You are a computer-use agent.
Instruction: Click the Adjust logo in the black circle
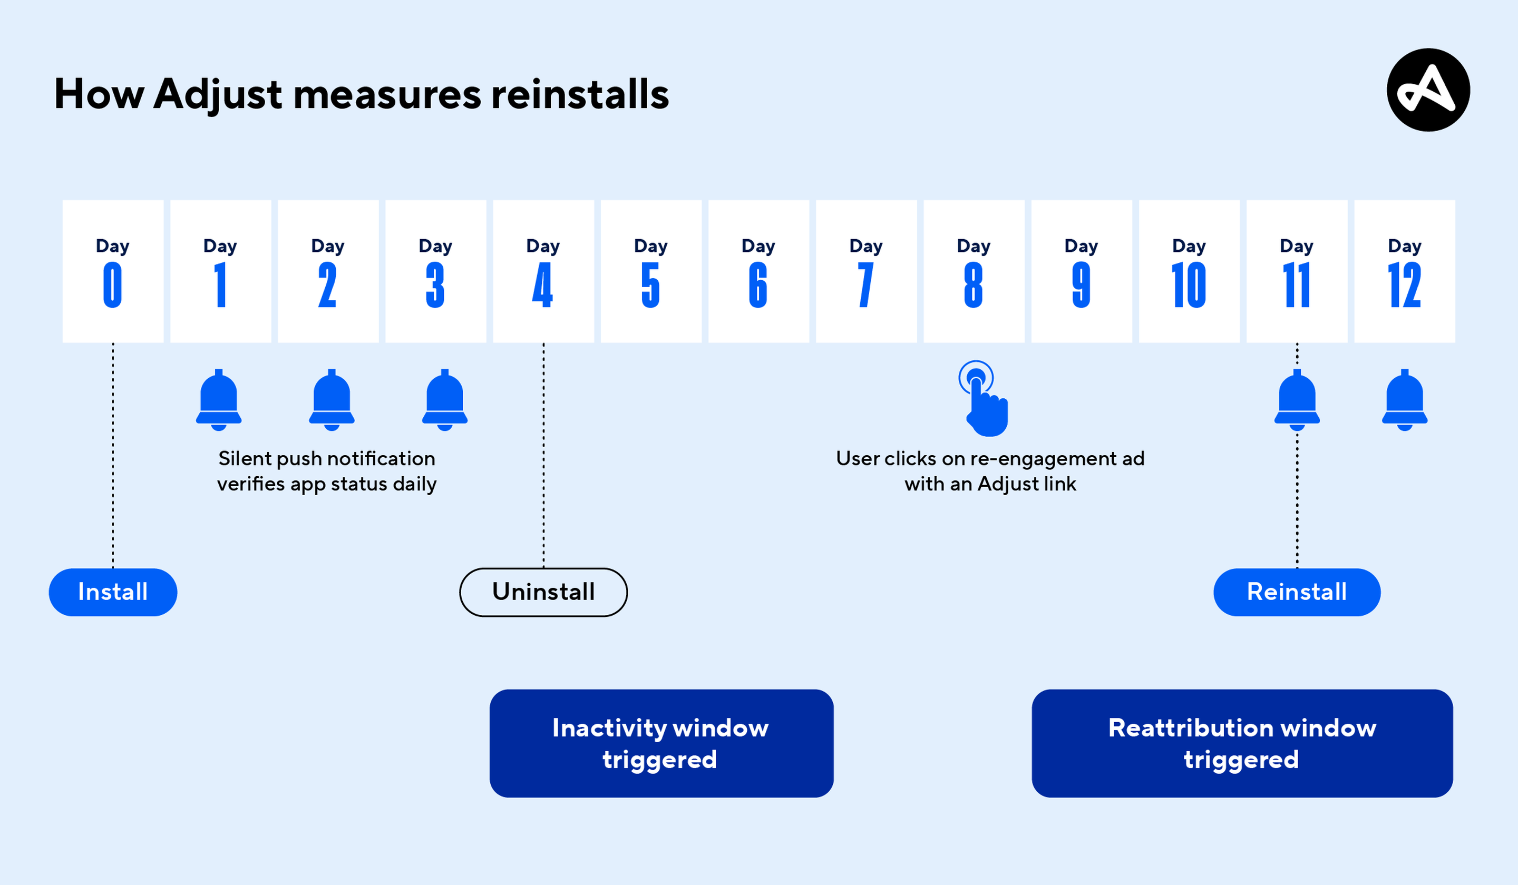coord(1428,90)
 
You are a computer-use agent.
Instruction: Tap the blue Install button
coord(113,592)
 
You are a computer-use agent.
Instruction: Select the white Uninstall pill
coord(543,592)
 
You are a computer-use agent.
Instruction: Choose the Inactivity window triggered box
coord(661,743)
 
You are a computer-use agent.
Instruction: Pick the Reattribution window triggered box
coord(1242,743)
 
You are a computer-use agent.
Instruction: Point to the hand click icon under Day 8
coord(984,399)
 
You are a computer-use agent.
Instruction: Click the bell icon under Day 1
coord(219,400)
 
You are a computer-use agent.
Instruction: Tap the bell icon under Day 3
coord(444,400)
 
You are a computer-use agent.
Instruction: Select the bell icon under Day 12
coord(1405,400)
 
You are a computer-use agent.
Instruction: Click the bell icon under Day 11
coord(1297,400)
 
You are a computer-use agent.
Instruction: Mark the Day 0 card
coord(113,271)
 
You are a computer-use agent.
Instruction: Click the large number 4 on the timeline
coord(543,285)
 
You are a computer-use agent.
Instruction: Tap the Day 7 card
coord(866,271)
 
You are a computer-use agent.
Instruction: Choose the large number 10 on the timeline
coord(1189,285)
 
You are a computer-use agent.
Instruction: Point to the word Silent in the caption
coord(245,459)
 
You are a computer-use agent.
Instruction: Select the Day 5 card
coord(651,271)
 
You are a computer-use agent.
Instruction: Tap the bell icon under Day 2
coord(332,400)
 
